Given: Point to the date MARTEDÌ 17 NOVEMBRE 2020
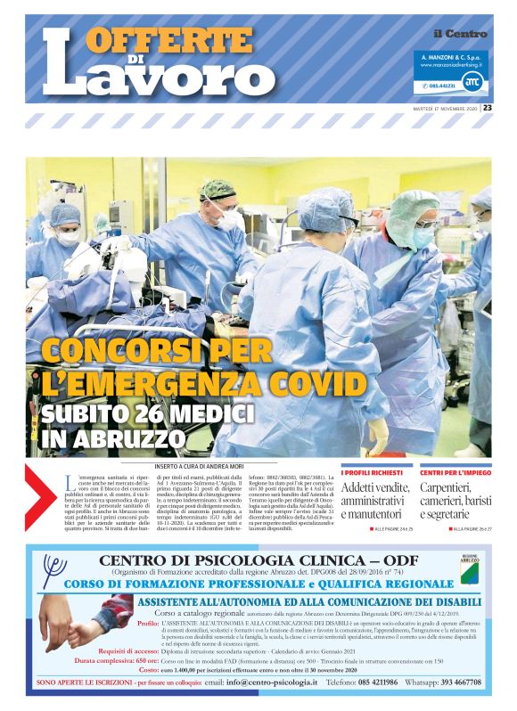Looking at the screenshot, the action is coord(443,108).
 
